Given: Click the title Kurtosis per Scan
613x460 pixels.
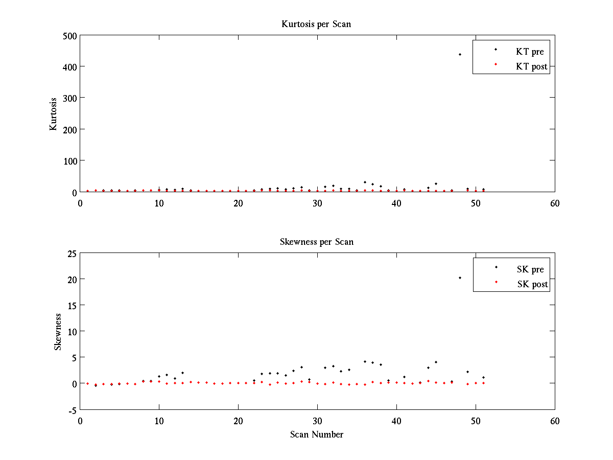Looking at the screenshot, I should (316, 24).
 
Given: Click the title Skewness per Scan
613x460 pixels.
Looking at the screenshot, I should (316, 242).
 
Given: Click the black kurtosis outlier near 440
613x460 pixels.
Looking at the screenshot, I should (460, 54).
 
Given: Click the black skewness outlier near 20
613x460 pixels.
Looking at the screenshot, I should (460, 278).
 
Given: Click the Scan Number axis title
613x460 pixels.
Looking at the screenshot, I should (316, 435).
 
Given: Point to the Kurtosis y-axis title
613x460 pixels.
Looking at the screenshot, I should (53, 113).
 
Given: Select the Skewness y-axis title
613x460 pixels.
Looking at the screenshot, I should (58, 332).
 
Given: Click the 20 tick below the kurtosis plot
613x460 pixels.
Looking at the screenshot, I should (238, 203).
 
